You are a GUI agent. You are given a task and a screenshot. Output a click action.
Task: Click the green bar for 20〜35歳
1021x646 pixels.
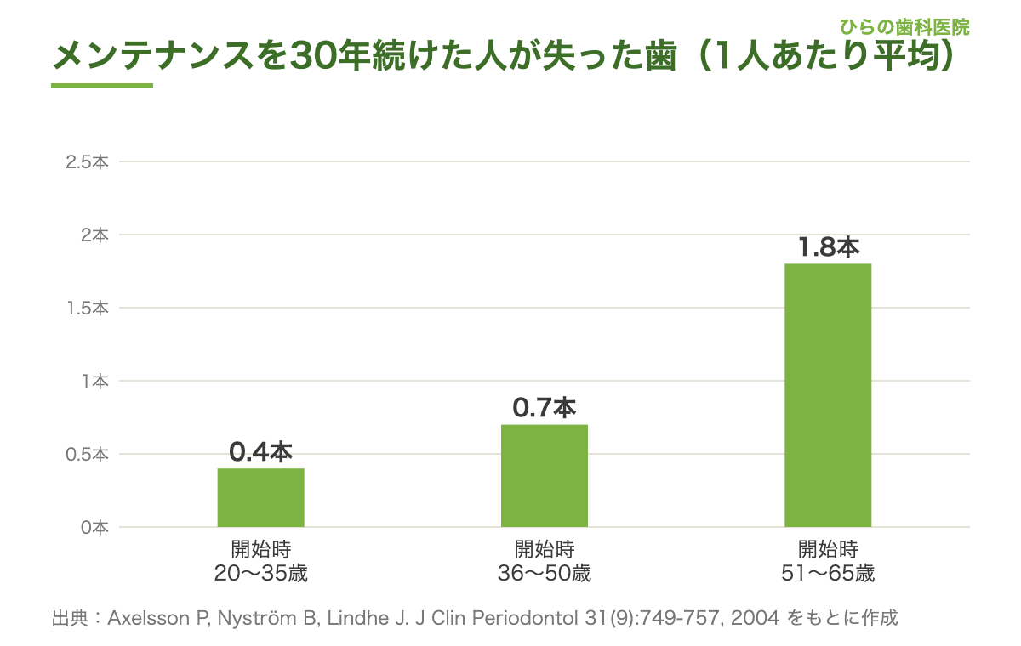(x=260, y=497)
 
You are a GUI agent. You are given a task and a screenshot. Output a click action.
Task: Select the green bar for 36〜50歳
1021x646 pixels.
(x=545, y=476)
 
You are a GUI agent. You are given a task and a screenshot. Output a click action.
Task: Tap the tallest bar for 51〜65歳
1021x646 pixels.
(x=828, y=395)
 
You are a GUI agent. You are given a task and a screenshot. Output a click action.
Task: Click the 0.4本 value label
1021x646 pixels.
(x=260, y=452)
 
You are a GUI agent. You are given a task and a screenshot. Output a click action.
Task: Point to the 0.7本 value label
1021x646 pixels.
(x=545, y=407)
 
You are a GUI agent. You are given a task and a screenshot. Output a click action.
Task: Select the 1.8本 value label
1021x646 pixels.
(x=829, y=247)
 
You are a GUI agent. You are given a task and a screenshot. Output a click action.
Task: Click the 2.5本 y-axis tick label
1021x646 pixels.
(x=87, y=162)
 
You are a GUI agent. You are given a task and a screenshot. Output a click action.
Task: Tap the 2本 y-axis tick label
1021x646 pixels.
(x=94, y=235)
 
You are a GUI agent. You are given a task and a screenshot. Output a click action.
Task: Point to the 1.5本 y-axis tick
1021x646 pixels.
(x=88, y=309)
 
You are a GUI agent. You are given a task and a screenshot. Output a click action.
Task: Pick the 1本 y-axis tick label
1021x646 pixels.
(x=95, y=382)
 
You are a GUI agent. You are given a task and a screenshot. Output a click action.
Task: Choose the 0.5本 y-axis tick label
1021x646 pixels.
(x=87, y=455)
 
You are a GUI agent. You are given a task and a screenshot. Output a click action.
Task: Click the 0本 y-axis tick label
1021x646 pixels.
(x=94, y=528)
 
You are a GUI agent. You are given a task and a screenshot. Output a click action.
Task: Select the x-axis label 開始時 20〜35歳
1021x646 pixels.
(x=260, y=561)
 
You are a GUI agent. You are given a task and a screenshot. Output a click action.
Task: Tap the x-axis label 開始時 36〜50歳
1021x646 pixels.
(x=545, y=561)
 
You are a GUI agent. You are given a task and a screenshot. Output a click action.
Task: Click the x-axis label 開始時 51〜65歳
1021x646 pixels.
(x=828, y=561)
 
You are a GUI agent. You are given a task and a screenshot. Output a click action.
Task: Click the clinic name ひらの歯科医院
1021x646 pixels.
(x=904, y=27)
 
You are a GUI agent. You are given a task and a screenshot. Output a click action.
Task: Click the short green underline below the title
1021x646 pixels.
(x=102, y=86)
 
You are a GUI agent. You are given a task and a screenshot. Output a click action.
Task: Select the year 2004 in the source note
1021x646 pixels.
(x=755, y=618)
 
